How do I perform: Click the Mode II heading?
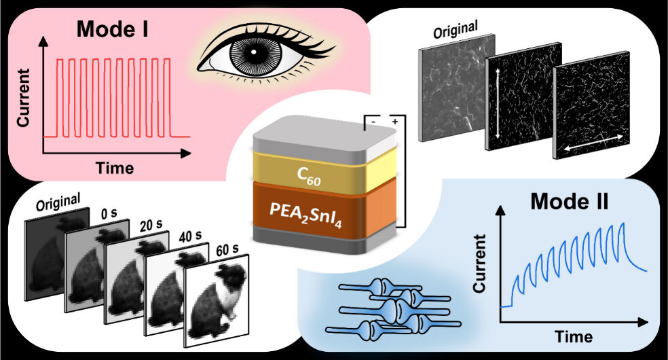(570, 202)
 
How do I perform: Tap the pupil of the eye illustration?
(252, 53)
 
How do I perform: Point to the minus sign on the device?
(372, 122)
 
